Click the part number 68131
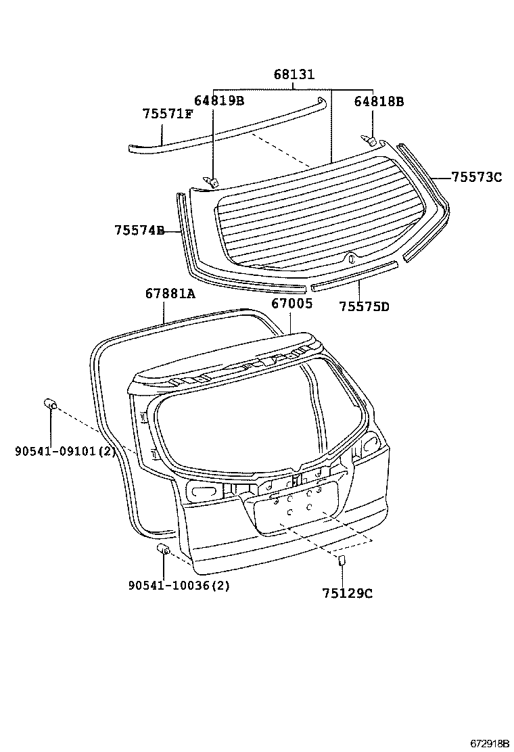[x=294, y=75]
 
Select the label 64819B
[x=218, y=101]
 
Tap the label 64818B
[x=378, y=102]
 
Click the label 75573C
[x=477, y=177]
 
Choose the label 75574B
[x=139, y=231]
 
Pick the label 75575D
[x=364, y=306]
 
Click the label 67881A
[x=170, y=293]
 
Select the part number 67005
[x=291, y=304]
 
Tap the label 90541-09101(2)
[x=65, y=450]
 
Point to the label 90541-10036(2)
[x=179, y=586]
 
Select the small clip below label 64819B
[x=212, y=179]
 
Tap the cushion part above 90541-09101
[x=50, y=404]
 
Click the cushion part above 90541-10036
[x=163, y=549]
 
